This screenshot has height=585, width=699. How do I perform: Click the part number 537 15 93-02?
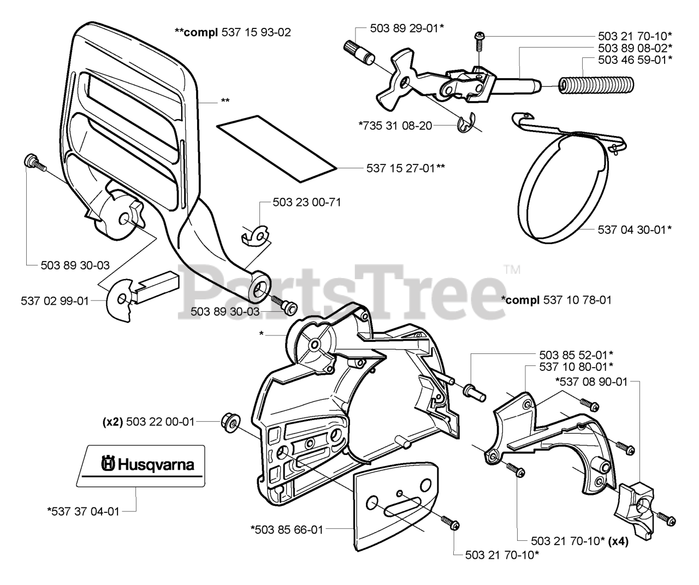256,32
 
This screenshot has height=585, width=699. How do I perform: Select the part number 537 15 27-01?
405,168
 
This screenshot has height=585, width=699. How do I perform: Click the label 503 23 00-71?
307,203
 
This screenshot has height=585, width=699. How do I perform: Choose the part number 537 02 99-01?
55,300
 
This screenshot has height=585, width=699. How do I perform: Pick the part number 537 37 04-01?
83,511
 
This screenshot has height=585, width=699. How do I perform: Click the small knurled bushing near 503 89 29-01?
357,53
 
